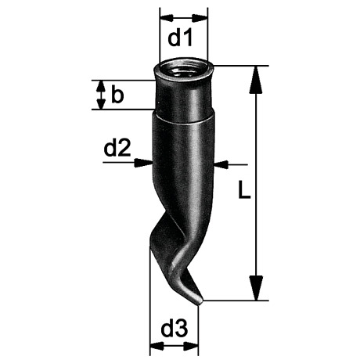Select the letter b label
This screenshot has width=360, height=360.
tap(117, 95)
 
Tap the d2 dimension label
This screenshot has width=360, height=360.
tap(117, 148)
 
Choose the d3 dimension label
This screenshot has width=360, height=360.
tap(173, 330)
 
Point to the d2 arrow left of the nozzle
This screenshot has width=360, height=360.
tap(146, 163)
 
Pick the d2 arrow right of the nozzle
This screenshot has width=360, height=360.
tap(221, 164)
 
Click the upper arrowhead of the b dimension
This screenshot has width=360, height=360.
tap(99, 85)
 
